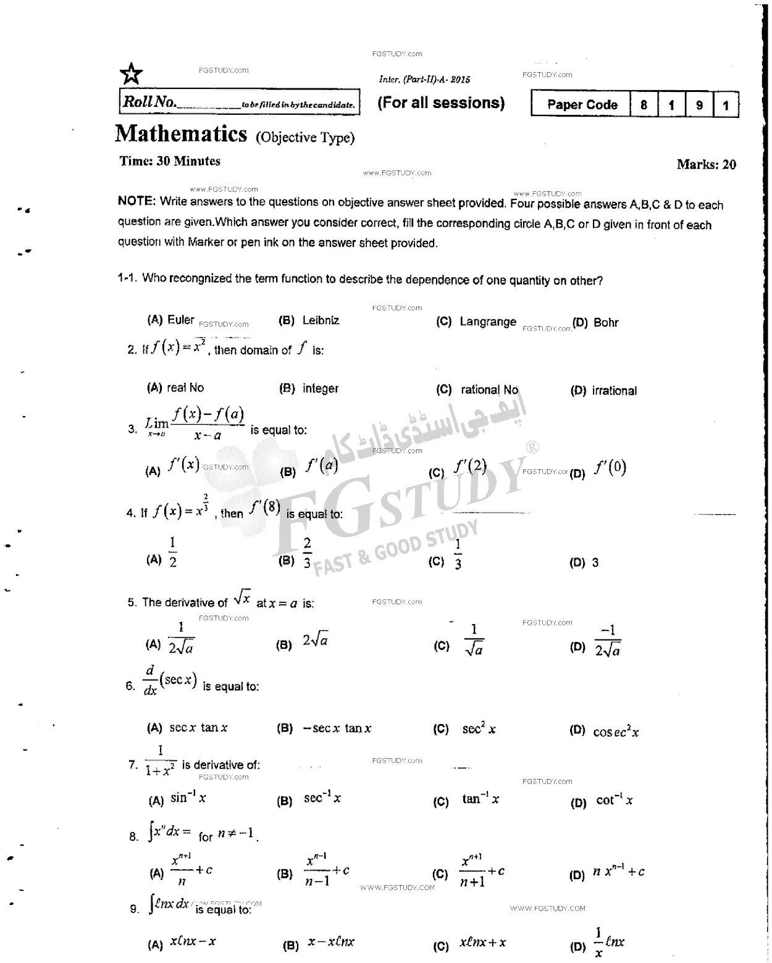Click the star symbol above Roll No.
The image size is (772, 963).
[131, 74]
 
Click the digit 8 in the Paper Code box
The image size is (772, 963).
[644, 105]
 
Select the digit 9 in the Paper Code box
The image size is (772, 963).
[699, 105]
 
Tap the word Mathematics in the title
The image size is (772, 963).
[181, 134]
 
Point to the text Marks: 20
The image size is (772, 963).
[706, 164]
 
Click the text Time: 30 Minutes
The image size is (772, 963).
[170, 161]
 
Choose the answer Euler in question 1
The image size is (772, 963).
[180, 320]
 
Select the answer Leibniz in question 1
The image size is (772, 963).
[321, 320]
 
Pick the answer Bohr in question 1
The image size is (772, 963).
[606, 322]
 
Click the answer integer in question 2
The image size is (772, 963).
[321, 388]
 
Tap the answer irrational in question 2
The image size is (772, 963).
[614, 391]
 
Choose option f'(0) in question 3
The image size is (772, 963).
[610, 469]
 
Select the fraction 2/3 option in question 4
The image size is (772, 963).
[307, 552]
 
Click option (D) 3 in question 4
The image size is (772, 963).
[595, 563]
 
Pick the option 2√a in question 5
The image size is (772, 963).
[315, 641]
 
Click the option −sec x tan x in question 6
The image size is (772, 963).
[337, 728]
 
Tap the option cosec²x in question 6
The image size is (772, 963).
[616, 732]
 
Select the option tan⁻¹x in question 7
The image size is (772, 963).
[480, 799]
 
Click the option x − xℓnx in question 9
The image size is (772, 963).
[332, 942]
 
